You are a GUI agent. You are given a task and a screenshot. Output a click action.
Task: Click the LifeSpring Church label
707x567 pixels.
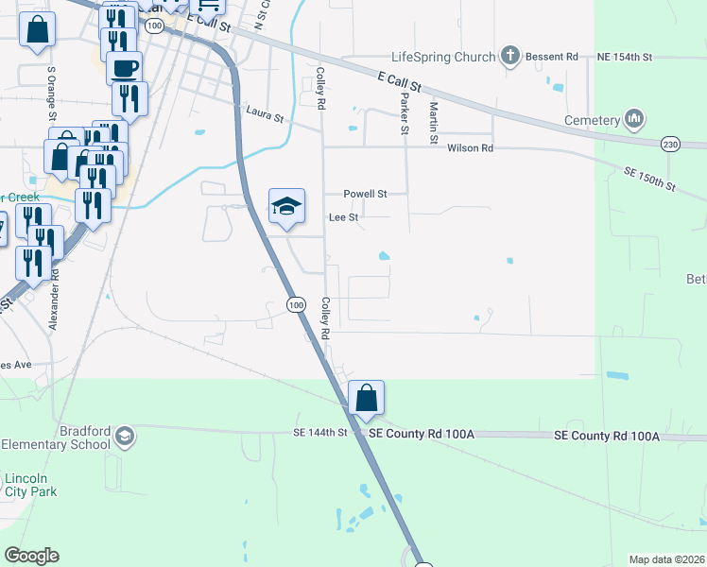(443, 57)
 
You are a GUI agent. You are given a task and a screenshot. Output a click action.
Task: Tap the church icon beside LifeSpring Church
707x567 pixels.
(510, 56)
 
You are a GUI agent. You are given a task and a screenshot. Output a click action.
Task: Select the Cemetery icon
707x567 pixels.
(633, 120)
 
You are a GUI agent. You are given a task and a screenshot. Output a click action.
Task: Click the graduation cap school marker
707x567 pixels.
(286, 207)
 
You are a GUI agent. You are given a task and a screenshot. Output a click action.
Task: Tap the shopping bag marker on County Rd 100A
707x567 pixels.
(366, 399)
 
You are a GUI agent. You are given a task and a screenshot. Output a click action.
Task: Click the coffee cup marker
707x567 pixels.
(124, 68)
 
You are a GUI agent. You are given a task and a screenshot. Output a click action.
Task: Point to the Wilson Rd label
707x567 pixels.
(470, 148)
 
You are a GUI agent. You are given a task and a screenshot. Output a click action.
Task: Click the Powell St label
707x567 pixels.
(365, 194)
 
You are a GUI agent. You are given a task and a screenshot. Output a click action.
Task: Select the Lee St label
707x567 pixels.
(343, 217)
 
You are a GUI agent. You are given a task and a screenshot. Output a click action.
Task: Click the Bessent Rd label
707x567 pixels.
(558, 58)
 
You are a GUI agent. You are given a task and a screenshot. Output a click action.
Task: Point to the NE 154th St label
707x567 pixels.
(625, 58)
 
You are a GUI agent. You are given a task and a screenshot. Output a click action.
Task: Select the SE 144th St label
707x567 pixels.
(320, 432)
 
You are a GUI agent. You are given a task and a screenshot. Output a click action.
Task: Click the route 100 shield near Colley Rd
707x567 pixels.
(296, 304)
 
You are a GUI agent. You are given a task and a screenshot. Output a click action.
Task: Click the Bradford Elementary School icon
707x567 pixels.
(125, 437)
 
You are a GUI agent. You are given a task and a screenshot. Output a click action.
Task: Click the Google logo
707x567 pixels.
(31, 556)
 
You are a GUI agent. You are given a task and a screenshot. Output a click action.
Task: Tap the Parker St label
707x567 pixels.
(405, 110)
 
